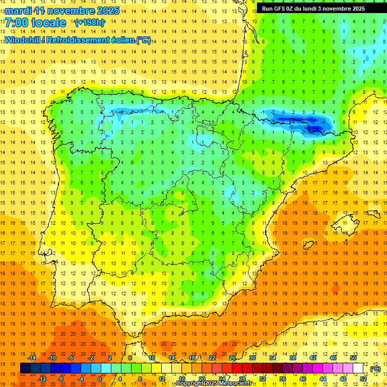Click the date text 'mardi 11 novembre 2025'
coord(62,11)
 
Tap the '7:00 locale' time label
coord(35,23)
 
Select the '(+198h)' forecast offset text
coord(90,23)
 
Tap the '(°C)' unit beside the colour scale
coord(375,369)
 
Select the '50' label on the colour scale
coord(353,358)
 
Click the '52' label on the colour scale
coord(363,379)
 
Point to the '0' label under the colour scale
coord(100,379)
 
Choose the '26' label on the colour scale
coord(232,358)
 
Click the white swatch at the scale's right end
coord(358,368)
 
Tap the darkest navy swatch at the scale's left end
coord(26,368)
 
